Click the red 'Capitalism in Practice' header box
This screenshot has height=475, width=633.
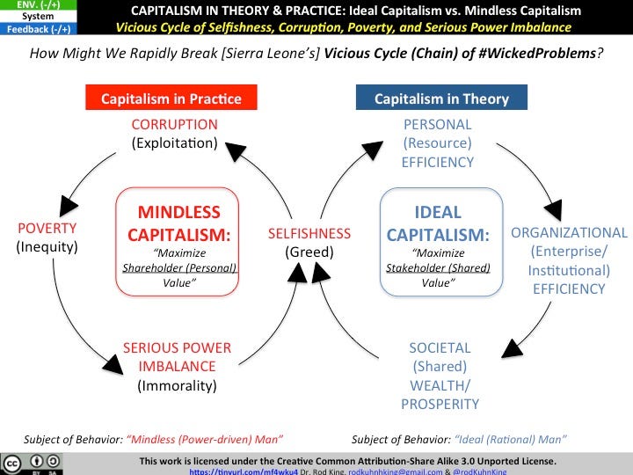click(x=171, y=98)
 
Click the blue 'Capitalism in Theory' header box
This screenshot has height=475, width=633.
click(x=427, y=98)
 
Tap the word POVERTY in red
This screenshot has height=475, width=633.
click(x=47, y=228)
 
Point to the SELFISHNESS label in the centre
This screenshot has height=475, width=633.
click(x=309, y=233)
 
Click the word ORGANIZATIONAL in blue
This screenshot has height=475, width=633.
click(x=569, y=233)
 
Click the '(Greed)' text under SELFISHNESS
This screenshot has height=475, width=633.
click(x=309, y=252)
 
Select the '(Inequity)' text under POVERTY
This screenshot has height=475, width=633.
click(x=47, y=247)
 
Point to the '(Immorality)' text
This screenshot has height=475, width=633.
click(x=177, y=384)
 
